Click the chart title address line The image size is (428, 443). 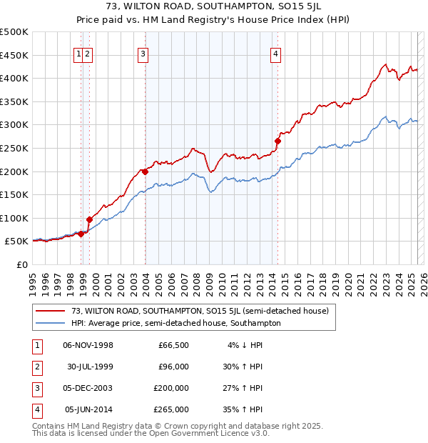214,8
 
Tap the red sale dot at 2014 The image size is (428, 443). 277,141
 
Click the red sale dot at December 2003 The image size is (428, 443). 145,171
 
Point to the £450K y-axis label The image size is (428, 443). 14,55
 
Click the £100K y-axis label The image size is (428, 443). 14,218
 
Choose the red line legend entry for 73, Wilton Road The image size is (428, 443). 200,311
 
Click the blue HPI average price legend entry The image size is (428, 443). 175,323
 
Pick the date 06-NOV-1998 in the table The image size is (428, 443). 88,345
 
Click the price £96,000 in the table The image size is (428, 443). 173,367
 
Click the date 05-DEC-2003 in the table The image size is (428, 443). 88,388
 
